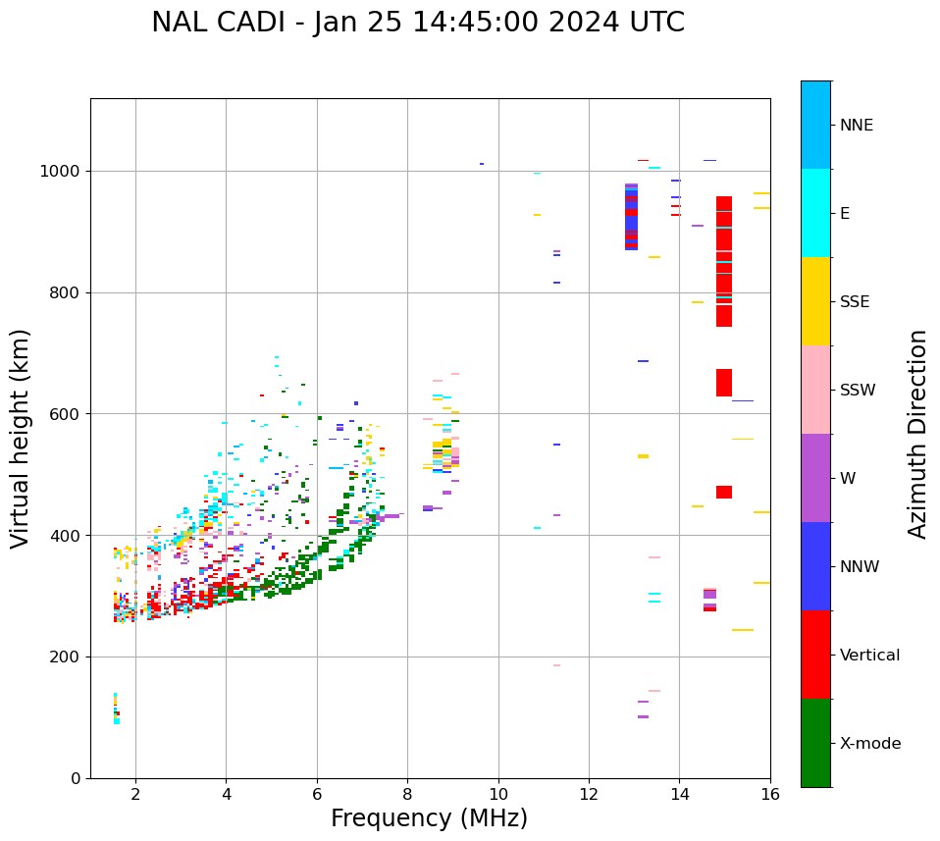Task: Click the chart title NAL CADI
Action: [418, 23]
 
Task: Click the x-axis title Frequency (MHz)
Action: [429, 818]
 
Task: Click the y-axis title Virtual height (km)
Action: [21, 439]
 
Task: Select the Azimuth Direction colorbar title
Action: [917, 434]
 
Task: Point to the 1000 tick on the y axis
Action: [62, 172]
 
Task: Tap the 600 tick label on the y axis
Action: [67, 414]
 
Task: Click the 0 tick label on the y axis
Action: [77, 778]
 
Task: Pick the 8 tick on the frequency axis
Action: [407, 793]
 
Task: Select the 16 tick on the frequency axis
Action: [770, 793]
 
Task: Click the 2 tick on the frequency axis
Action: [135, 793]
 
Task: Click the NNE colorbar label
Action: [856, 126]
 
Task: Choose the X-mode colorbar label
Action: [869, 744]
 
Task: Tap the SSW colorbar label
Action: [858, 391]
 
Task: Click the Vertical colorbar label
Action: [869, 656]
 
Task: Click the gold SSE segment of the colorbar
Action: [815, 301]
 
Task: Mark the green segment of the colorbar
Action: [815, 743]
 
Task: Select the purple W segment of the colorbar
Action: [815, 478]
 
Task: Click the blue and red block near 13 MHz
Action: [631, 217]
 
